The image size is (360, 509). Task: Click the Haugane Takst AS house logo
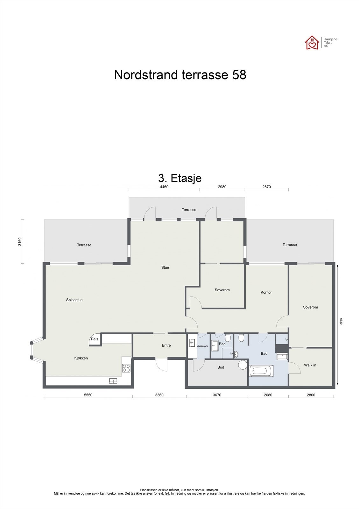[x=312, y=43]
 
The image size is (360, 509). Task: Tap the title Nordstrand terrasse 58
[x=180, y=75]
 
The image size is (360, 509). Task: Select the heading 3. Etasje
[x=180, y=178]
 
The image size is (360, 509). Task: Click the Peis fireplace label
[x=95, y=339]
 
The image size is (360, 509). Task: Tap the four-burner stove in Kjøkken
[x=126, y=368]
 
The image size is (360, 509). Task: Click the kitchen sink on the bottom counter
[x=113, y=380]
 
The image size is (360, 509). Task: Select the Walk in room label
[x=310, y=365]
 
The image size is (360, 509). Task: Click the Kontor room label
[x=266, y=292]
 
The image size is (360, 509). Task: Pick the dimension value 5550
[x=88, y=395]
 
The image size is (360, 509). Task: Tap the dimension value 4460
[x=164, y=187]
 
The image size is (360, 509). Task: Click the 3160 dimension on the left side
[x=20, y=242]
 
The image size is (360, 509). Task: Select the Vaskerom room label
[x=202, y=346]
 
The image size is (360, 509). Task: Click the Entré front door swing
[x=162, y=364]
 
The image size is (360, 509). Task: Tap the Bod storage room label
[x=221, y=367]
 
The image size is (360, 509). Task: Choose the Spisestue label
[x=74, y=300]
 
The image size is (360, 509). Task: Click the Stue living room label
[x=165, y=268]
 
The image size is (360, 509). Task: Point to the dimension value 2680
[x=268, y=395]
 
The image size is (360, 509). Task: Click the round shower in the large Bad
[x=243, y=365]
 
